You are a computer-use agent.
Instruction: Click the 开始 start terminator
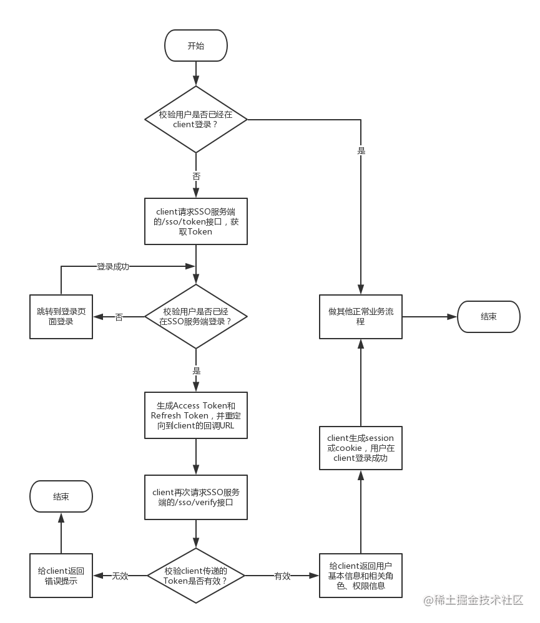[196, 46]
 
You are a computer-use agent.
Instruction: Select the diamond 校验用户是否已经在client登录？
[196, 119]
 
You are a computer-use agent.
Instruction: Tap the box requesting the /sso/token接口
[196, 221]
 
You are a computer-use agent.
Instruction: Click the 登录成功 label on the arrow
[113, 266]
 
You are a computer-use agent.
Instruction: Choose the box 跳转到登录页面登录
[61, 317]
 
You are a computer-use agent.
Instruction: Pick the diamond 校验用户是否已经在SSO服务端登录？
[196, 317]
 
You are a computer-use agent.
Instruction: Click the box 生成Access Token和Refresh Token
[196, 415]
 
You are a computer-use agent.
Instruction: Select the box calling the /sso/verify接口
[196, 497]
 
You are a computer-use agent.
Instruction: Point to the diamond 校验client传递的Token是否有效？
[196, 576]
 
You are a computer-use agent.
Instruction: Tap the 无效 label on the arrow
[120, 576]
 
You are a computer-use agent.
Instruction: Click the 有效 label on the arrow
[282, 576]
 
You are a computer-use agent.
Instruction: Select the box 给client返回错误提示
[61, 576]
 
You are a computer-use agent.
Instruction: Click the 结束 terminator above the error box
[61, 497]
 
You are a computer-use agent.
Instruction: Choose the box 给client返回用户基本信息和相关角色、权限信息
[361, 576]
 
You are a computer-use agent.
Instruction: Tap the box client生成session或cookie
[361, 448]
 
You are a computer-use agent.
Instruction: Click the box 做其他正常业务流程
[361, 317]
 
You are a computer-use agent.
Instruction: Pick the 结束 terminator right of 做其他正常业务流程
[489, 317]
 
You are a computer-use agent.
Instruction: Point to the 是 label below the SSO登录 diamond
[197, 370]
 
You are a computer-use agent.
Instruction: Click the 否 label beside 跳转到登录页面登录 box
[119, 317]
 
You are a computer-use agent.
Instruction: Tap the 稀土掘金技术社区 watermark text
[474, 601]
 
